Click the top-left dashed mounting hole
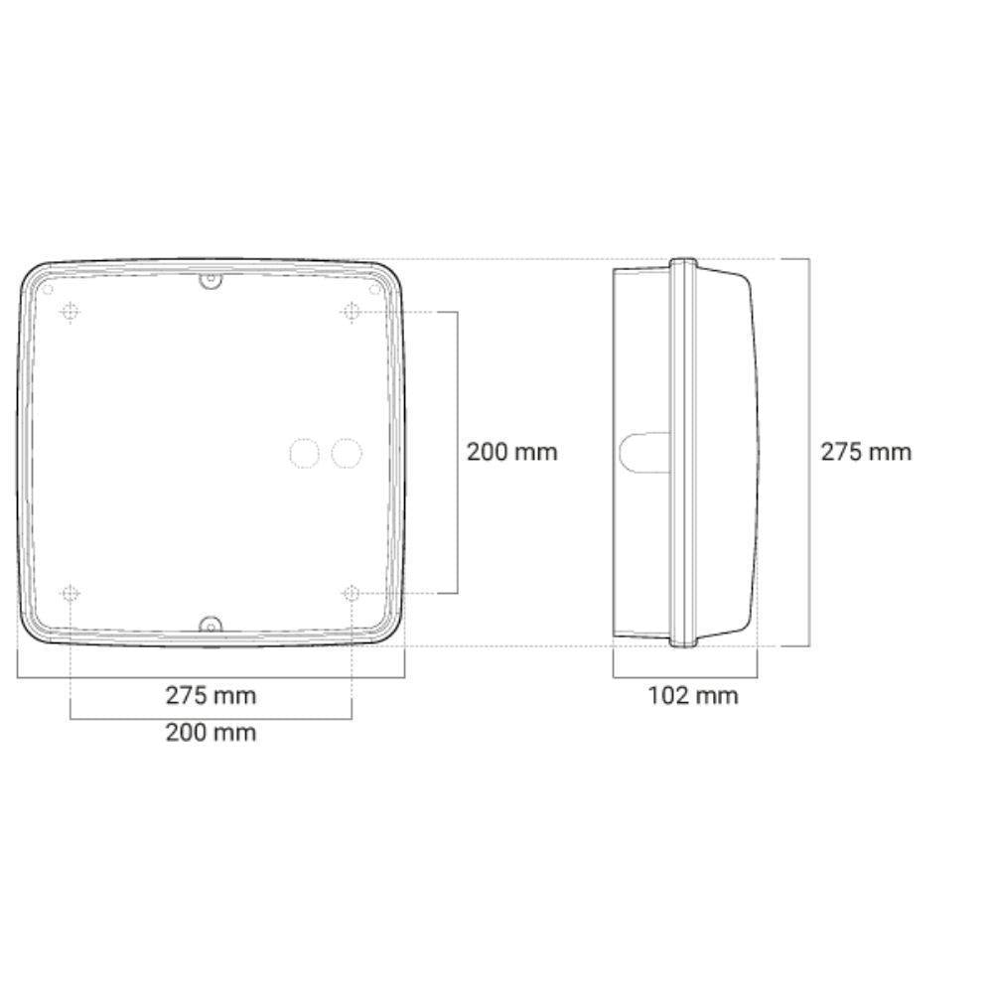pyautogui.click(x=71, y=313)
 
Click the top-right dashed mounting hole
pyautogui.click(x=351, y=313)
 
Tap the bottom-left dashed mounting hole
pyautogui.click(x=71, y=594)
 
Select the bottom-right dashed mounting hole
pyautogui.click(x=351, y=594)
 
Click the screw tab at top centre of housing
pyautogui.click(x=210, y=282)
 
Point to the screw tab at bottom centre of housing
pyautogui.click(x=210, y=625)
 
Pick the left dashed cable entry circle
pyautogui.click(x=304, y=454)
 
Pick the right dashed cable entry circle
pyautogui.click(x=347, y=454)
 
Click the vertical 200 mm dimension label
pyautogui.click(x=512, y=452)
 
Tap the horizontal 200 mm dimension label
pyautogui.click(x=211, y=733)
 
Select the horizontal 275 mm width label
pyautogui.click(x=211, y=695)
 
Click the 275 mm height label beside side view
pyautogui.click(x=865, y=452)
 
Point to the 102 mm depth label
pyautogui.click(x=693, y=695)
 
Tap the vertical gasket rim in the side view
pyautogui.click(x=683, y=453)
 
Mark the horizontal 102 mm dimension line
pyautogui.click(x=685, y=678)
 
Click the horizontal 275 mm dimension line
pyautogui.click(x=211, y=678)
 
